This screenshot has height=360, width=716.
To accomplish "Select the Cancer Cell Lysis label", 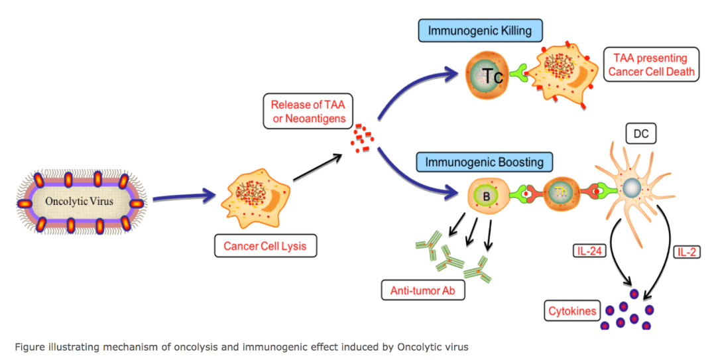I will pos(265,247).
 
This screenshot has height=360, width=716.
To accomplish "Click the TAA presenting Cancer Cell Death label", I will pos(650,65).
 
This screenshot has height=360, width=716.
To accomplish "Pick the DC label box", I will pos(640,135).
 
